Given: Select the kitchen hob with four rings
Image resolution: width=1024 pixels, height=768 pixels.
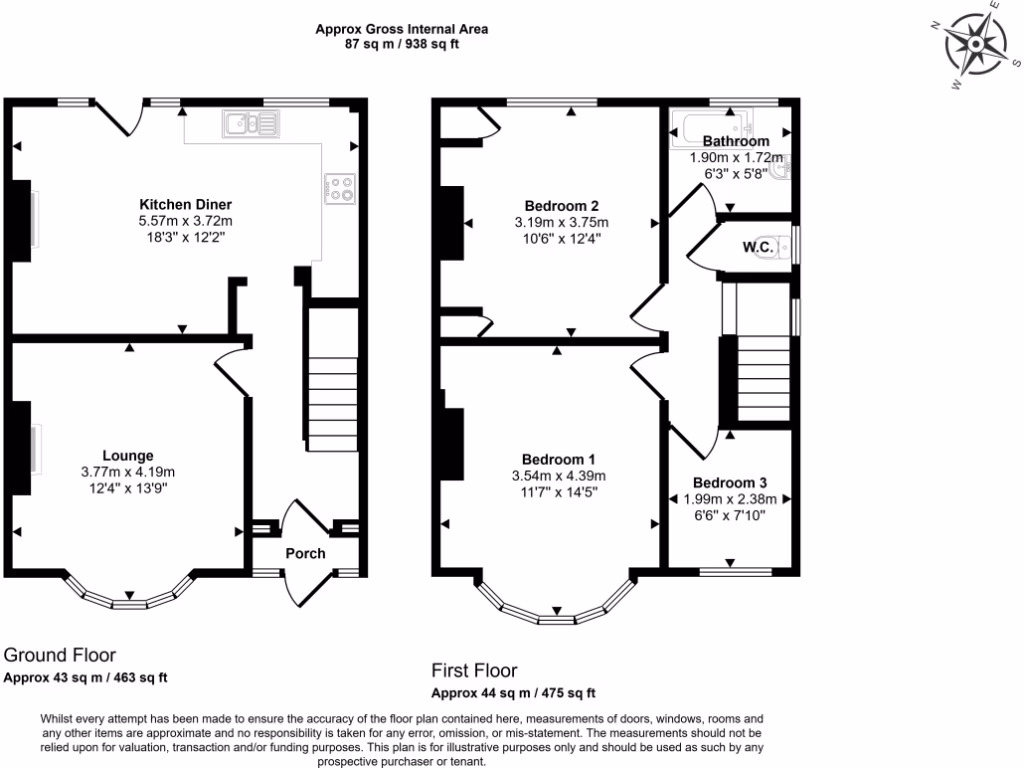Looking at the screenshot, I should (340, 188).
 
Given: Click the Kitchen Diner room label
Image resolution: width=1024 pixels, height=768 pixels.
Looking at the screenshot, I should (185, 204).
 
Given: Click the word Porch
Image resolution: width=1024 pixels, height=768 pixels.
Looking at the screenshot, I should (305, 553).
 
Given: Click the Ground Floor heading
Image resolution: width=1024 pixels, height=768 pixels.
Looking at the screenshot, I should (60, 655).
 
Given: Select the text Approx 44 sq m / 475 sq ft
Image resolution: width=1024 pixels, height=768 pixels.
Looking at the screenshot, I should (513, 693).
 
